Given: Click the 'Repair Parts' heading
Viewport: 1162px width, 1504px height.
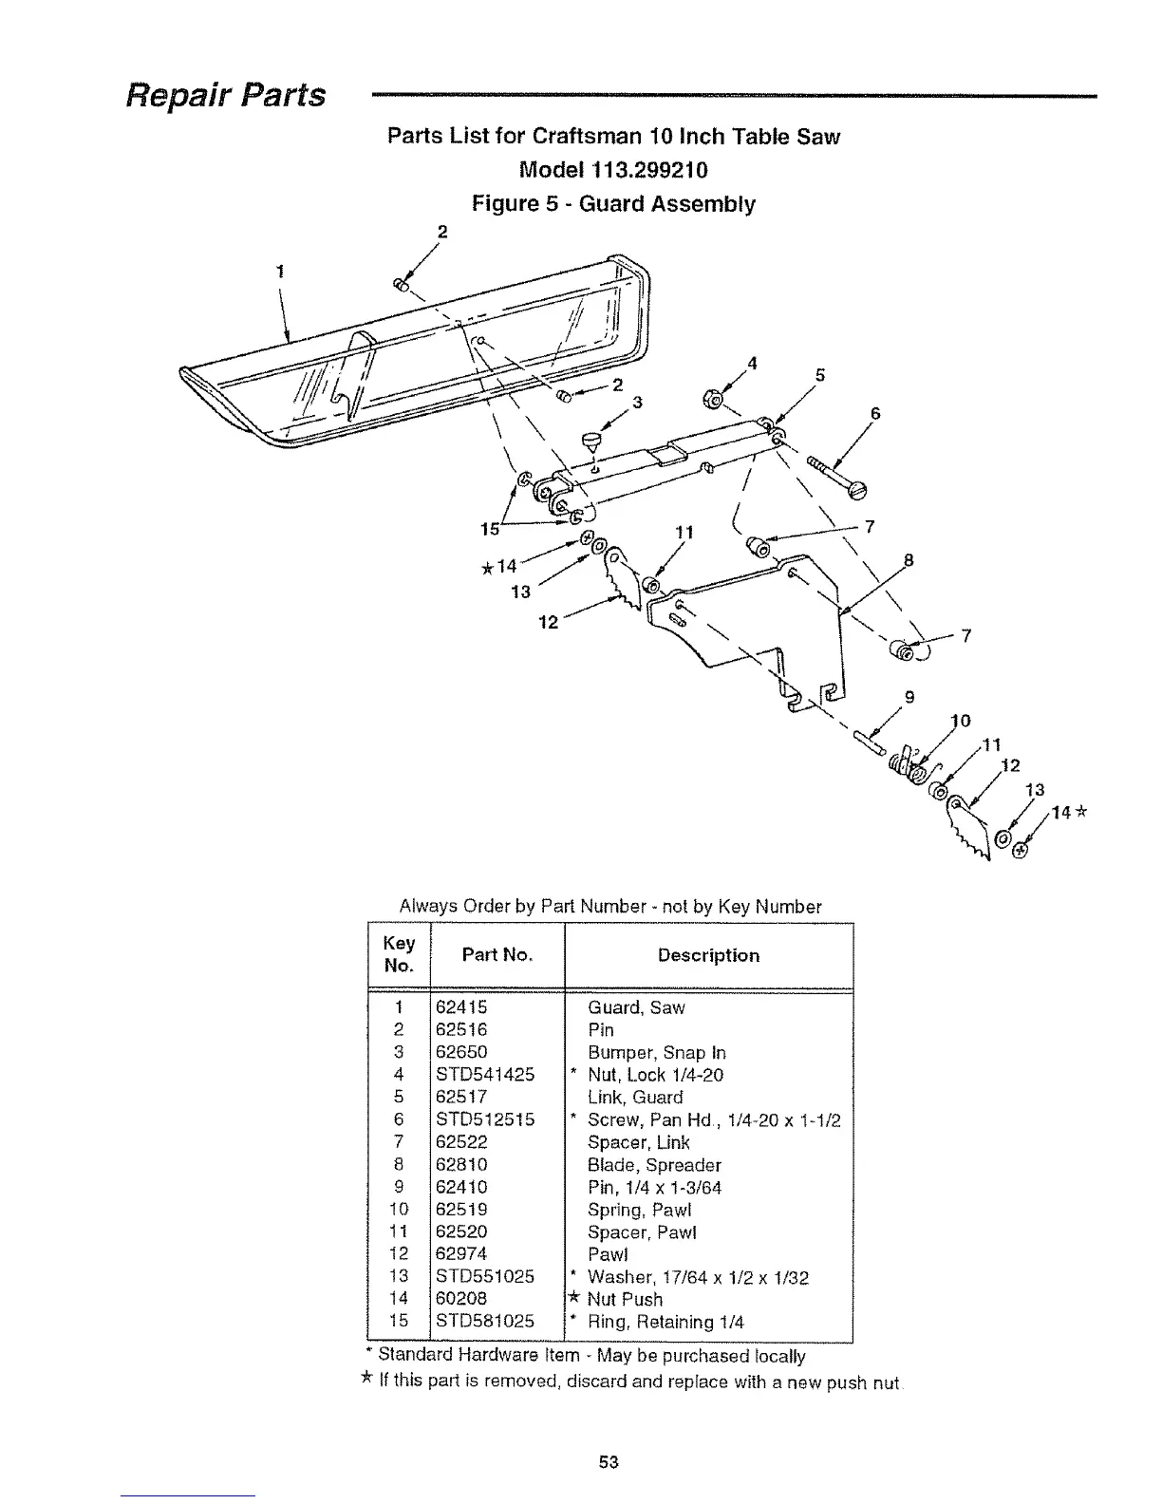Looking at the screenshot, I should pos(227,95).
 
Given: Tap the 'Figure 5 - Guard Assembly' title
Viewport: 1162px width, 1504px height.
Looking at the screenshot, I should pos(613,204).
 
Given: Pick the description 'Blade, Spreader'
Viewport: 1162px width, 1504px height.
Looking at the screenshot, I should pos(654,1165).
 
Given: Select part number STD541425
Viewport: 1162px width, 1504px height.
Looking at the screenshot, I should pos(484,1075).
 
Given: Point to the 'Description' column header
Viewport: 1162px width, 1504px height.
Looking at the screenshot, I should pos(708,955).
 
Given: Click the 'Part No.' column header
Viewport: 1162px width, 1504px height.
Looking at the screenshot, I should pos(497,955).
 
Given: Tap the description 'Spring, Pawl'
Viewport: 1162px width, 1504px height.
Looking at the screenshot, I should pos(640,1210).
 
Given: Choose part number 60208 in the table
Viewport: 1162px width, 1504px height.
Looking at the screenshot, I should pos(460,1299).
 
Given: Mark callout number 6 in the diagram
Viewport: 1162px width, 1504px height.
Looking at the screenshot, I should pos(874,414).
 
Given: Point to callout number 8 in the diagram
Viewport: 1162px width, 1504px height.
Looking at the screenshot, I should pos(908,560).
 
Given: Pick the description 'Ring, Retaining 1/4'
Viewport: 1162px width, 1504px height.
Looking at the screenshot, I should pos(665,1322).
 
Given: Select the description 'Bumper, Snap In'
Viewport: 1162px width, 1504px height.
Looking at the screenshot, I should pos(656,1053).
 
